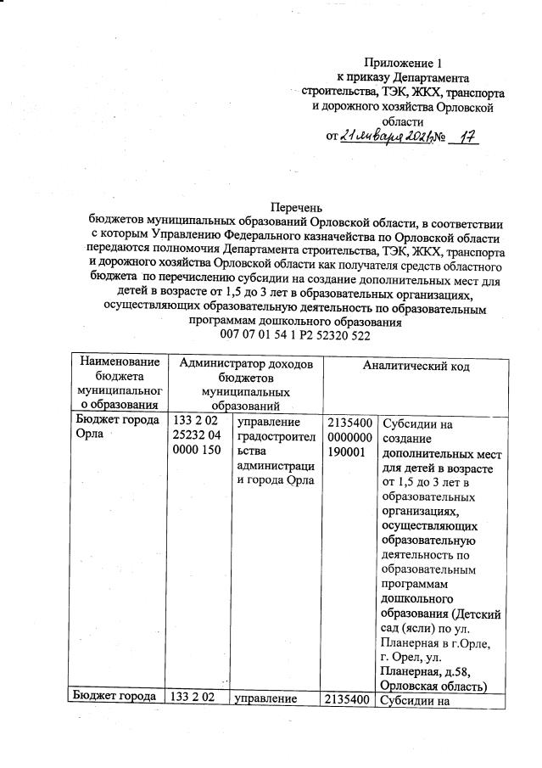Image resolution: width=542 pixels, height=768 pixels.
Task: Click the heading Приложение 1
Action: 403,63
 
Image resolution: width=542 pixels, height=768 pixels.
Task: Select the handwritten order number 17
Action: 463,137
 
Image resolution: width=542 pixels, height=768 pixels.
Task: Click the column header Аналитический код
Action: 416,366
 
